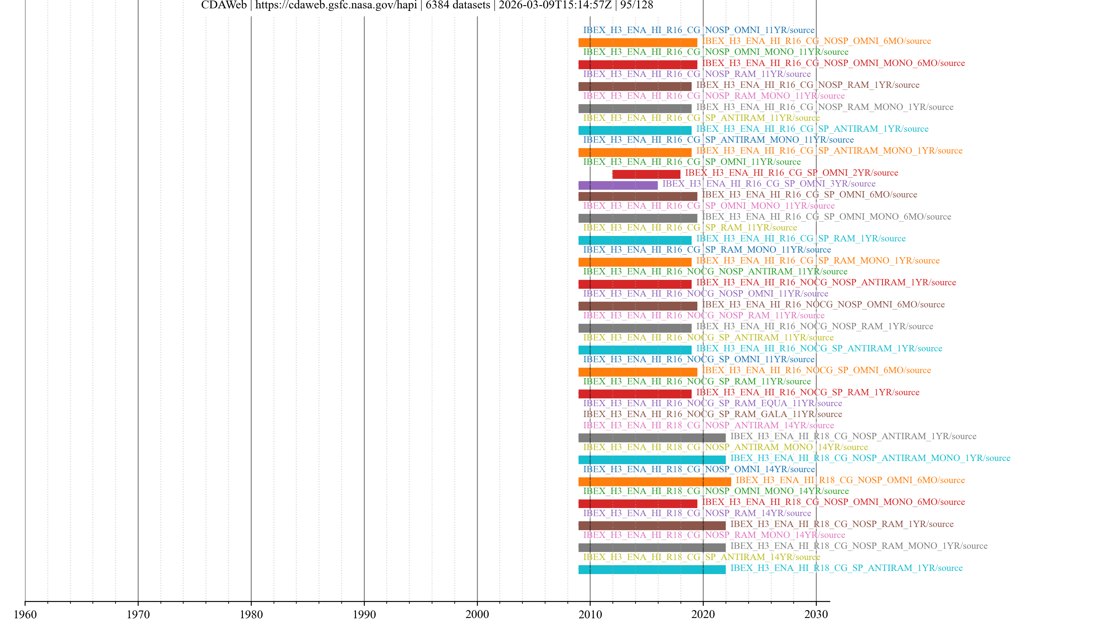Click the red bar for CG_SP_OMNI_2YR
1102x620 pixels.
coord(646,174)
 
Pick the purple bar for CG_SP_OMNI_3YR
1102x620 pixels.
coord(618,185)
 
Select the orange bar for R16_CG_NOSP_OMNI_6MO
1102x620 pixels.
coord(637,42)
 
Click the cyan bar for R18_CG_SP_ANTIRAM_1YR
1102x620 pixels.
coord(651,569)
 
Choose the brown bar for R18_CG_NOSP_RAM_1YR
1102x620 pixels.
coord(651,526)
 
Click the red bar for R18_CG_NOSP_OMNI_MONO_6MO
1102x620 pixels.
coord(637,504)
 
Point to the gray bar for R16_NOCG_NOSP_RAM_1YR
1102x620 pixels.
coord(635,328)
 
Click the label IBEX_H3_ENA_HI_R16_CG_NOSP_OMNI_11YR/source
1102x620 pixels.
coord(699,30)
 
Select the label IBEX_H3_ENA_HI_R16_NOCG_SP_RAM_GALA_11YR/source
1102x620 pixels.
coord(712,414)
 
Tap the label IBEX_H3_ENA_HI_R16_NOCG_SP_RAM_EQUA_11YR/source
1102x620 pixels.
coord(712,403)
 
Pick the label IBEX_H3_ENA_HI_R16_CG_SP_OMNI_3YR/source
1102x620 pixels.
coord(769,184)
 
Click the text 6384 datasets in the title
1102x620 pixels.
coord(458,5)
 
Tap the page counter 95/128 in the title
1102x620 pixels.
coord(637,5)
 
